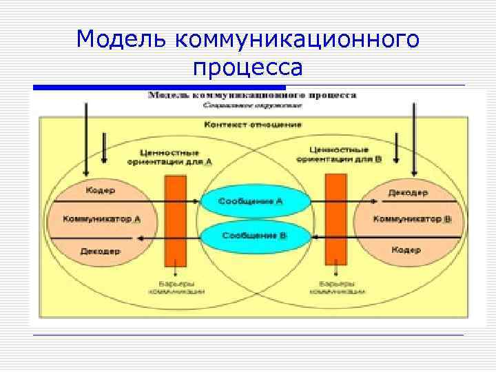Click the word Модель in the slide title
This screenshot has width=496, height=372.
click(x=123, y=39)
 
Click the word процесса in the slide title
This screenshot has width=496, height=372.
click(x=248, y=68)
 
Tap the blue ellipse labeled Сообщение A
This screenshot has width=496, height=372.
click(x=251, y=201)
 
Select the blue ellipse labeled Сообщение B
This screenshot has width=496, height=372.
click(x=254, y=236)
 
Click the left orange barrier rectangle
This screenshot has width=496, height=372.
click(x=176, y=220)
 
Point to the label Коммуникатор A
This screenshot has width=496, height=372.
click(x=102, y=219)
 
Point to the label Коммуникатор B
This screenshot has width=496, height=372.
click(x=412, y=219)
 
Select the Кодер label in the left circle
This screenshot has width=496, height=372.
click(x=101, y=189)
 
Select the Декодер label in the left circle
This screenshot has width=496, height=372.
click(x=101, y=250)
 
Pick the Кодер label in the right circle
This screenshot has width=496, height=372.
click(x=406, y=249)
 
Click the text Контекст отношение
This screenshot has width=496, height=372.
click(x=253, y=125)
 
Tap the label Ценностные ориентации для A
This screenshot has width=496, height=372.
click(x=170, y=156)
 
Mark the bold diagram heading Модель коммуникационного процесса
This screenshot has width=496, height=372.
click(x=253, y=94)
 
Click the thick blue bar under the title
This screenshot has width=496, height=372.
click(x=159, y=87)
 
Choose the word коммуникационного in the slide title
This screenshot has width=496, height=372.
click(x=298, y=39)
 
